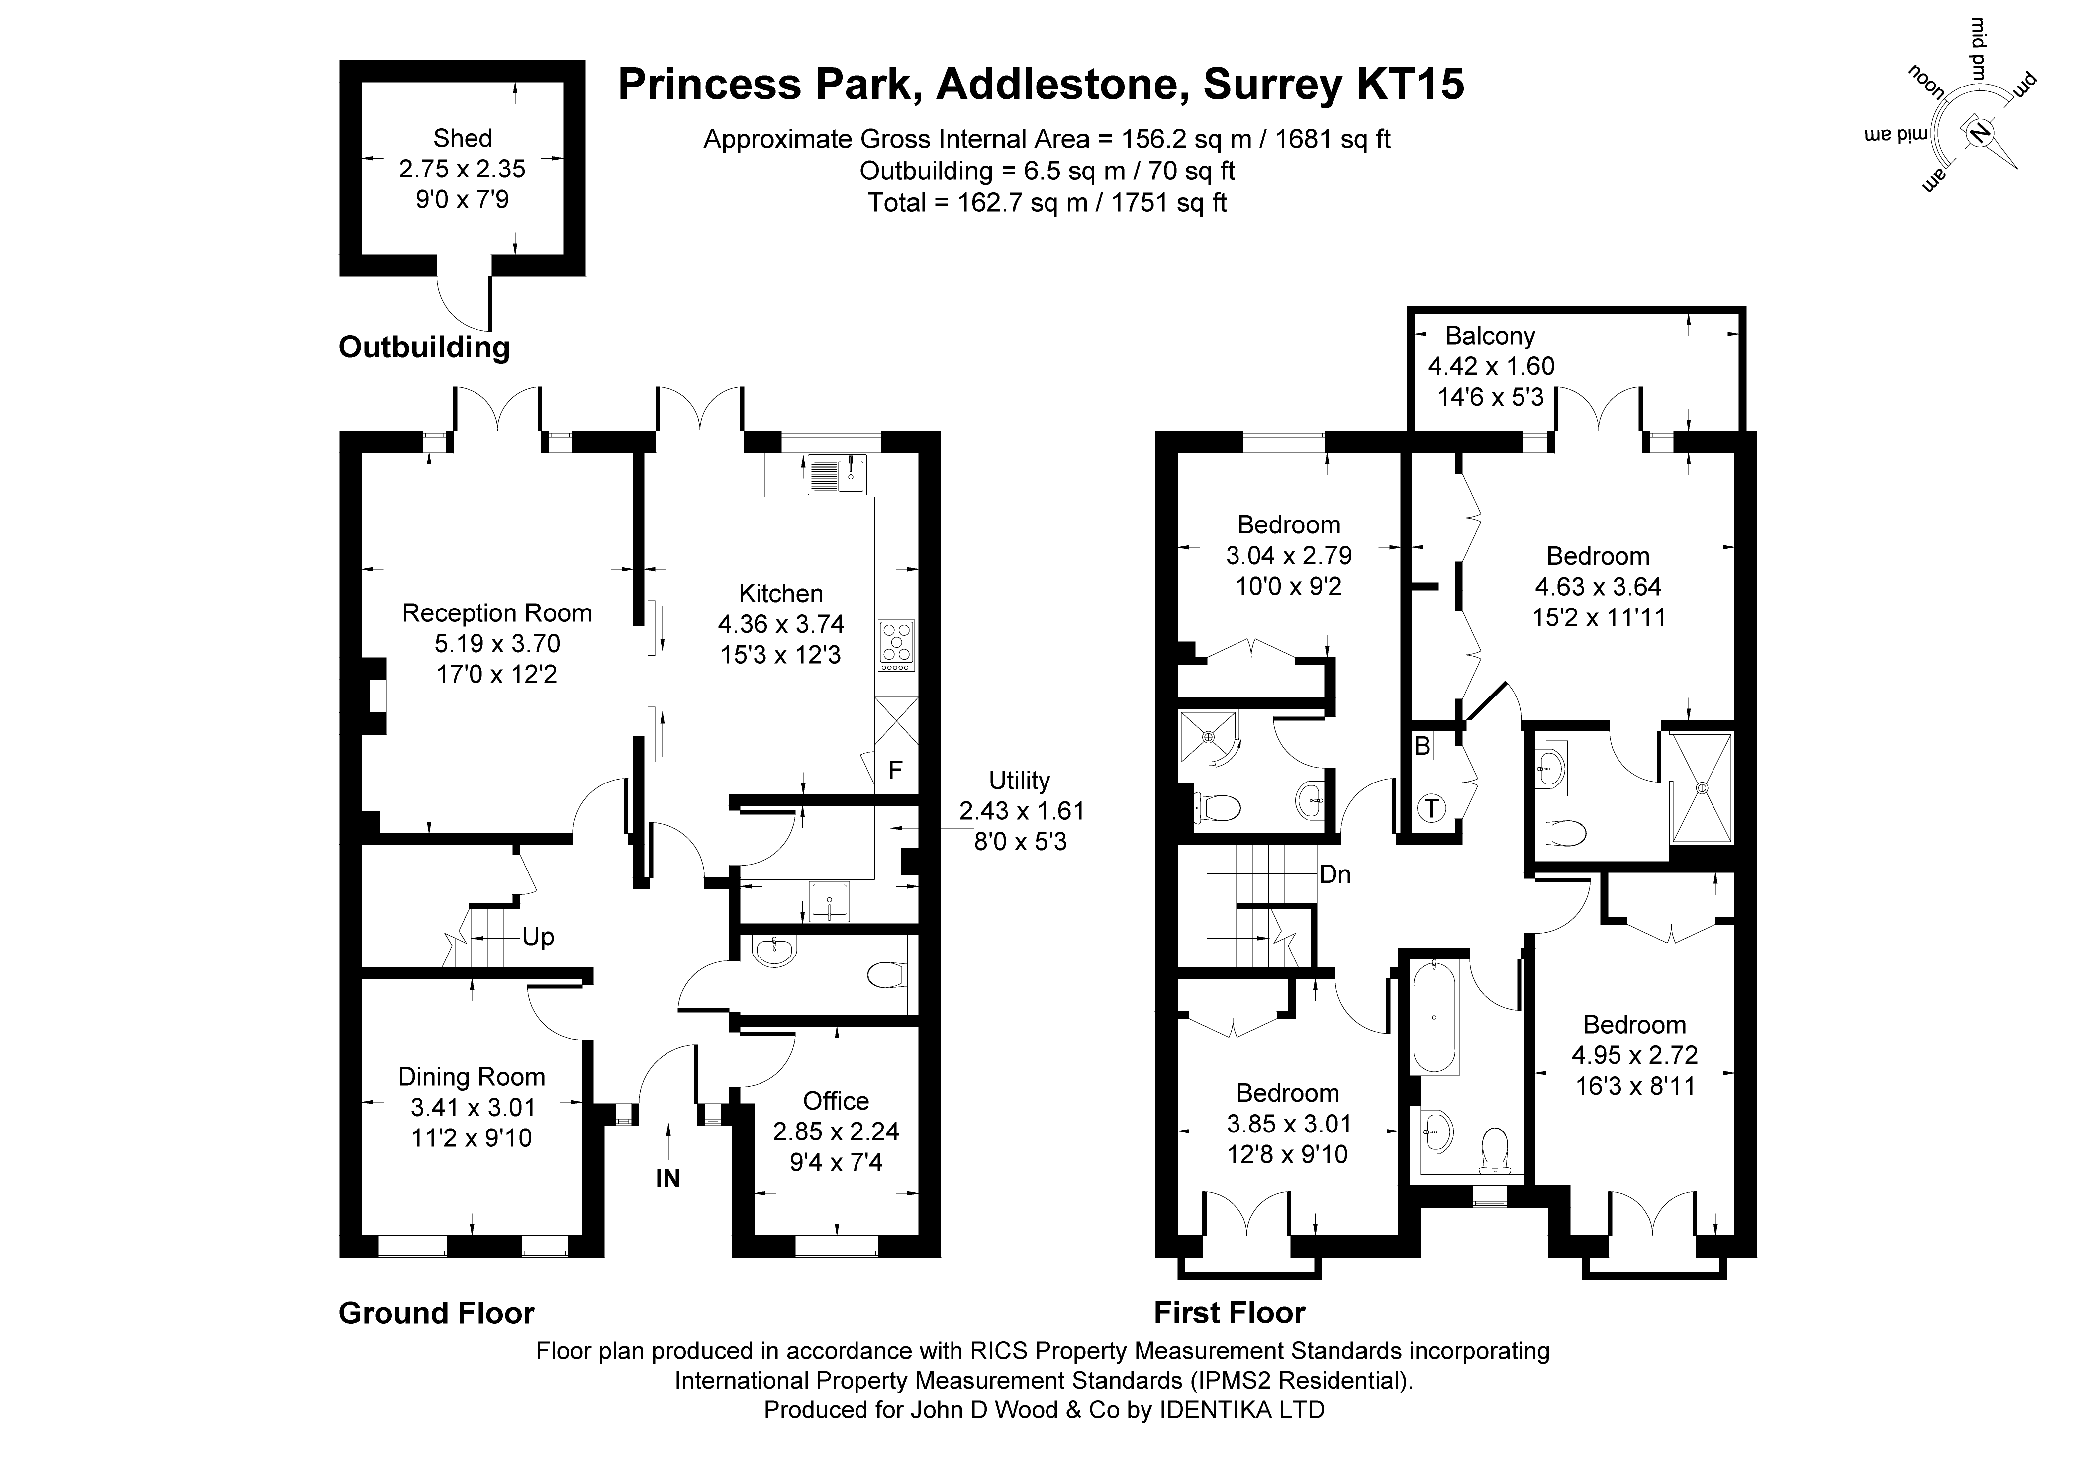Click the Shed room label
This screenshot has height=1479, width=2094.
[x=463, y=139]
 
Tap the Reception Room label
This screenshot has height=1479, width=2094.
[x=497, y=613]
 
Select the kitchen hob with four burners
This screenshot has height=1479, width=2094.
[x=896, y=646]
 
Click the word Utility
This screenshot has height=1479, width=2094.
[x=1020, y=781]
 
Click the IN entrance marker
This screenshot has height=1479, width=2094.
[x=667, y=1179]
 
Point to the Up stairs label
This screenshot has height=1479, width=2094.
[x=538, y=938]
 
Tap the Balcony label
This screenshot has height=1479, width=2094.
[x=1490, y=337]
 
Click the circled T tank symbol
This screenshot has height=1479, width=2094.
[x=1432, y=808]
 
